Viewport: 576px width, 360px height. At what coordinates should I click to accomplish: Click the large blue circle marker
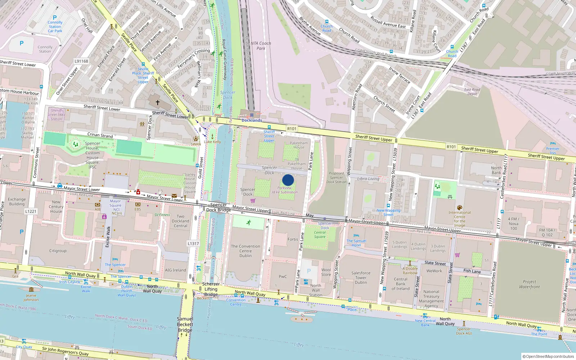[288, 180]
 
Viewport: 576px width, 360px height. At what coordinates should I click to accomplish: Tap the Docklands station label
[252, 120]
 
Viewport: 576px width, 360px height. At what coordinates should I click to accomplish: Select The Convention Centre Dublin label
[246, 251]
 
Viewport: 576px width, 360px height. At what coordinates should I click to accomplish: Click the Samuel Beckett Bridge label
[185, 324]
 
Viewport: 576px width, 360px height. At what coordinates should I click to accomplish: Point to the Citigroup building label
[58, 251]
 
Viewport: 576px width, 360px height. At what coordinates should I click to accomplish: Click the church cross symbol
[157, 103]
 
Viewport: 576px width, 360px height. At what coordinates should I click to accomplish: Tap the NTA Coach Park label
[261, 45]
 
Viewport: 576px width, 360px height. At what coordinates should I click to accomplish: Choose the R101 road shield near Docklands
[292, 129]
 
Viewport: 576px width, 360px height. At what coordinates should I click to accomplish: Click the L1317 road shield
[193, 243]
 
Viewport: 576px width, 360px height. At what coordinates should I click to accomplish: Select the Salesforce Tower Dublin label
[361, 278]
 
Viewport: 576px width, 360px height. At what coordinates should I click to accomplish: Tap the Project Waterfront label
[529, 284]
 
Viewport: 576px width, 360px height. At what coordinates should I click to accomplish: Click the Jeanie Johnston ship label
[31, 297]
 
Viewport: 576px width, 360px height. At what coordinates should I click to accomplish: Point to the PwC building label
[283, 276]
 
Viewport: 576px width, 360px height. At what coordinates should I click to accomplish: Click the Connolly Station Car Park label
[55, 27]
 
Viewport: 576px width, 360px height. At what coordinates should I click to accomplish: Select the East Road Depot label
[472, 92]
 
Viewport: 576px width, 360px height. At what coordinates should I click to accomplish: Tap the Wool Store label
[326, 272]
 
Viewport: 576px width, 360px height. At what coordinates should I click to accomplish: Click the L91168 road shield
[81, 61]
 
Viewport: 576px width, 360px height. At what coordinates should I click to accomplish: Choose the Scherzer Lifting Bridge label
[211, 289]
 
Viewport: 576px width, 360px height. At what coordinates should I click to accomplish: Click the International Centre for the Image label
[459, 219]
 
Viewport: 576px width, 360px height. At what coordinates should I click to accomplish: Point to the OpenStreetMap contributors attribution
[549, 356]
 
